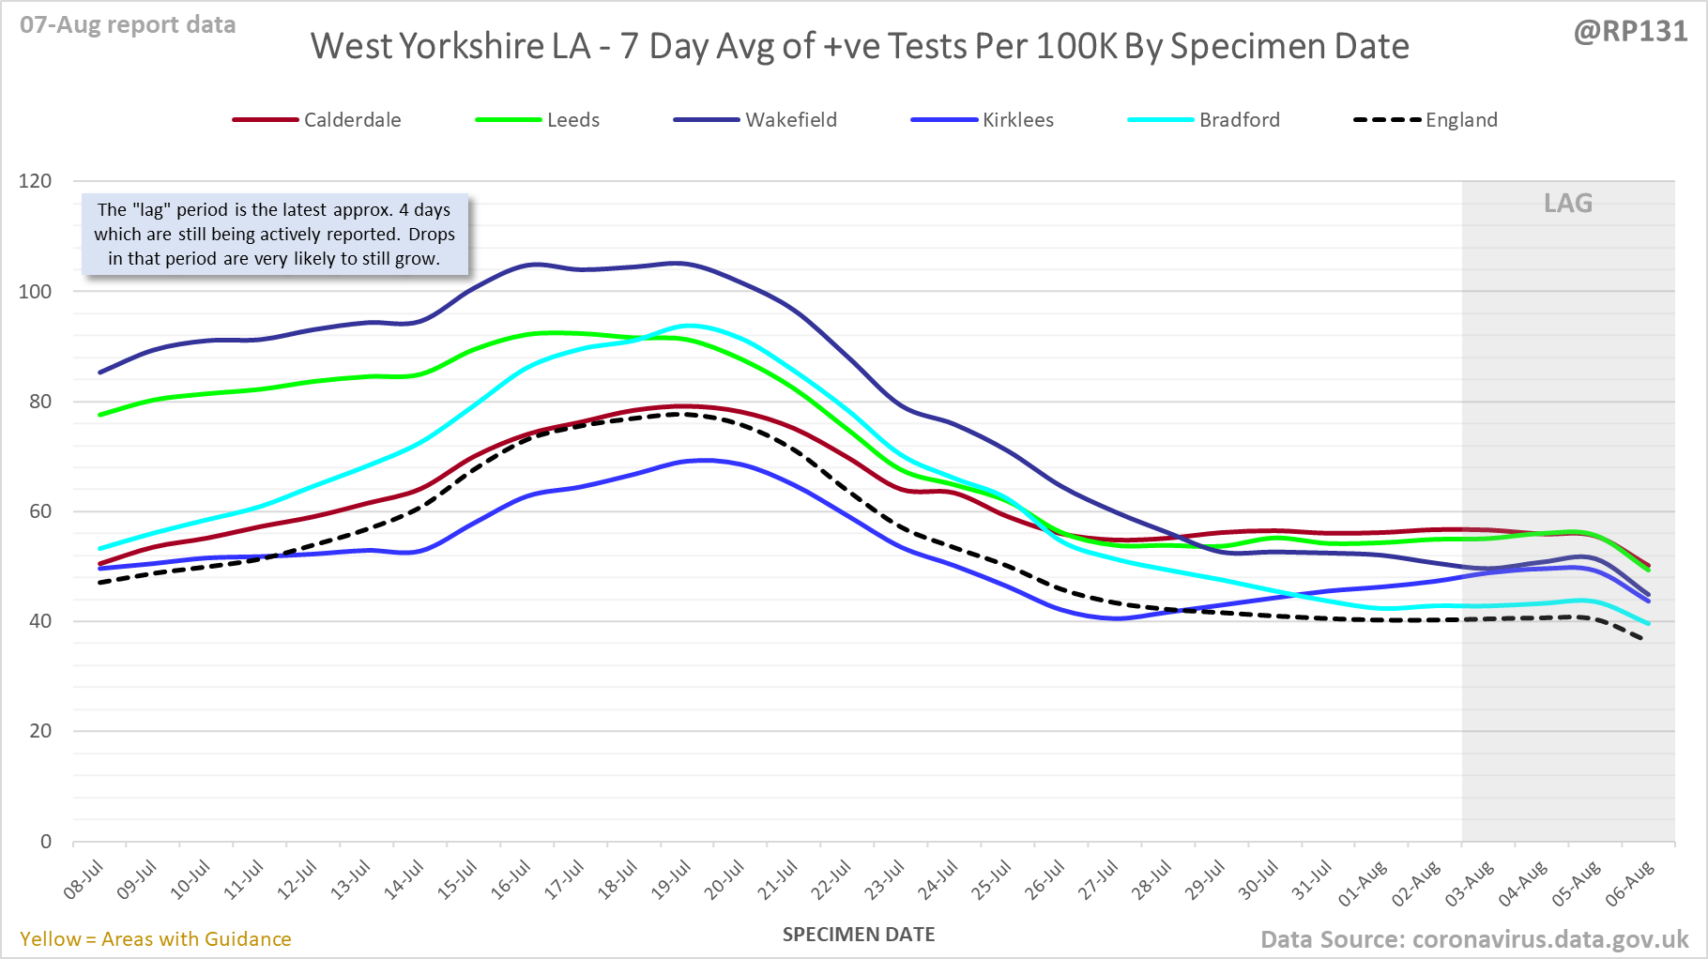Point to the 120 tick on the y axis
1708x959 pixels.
(36, 181)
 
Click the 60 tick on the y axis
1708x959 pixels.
(40, 511)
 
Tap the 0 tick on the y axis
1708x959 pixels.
(46, 842)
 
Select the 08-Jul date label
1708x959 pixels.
(84, 880)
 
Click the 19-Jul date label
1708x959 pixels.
(672, 880)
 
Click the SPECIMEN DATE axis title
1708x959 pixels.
(859, 935)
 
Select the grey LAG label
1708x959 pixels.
(1568, 204)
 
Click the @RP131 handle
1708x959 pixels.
(1630, 32)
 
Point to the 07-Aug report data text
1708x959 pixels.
(128, 25)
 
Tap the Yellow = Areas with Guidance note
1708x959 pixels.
(156, 939)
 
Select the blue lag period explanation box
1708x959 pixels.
(274, 235)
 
